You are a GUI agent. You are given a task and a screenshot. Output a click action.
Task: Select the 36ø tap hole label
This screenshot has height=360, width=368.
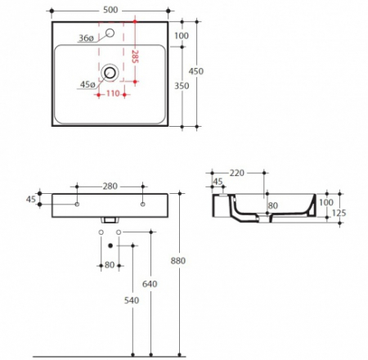tap(88, 37)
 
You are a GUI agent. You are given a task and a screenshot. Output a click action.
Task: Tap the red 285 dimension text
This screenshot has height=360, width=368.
tap(134, 57)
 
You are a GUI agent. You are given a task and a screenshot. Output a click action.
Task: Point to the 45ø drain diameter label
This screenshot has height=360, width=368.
tap(88, 84)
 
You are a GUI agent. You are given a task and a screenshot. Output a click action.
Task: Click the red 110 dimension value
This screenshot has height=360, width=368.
tap(112, 95)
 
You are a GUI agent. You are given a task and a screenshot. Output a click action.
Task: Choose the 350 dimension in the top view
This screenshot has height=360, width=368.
tap(181, 85)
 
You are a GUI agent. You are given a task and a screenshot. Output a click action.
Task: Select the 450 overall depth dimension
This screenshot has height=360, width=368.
tap(196, 71)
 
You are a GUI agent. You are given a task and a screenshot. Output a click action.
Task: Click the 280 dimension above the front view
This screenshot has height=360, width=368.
tap(110, 185)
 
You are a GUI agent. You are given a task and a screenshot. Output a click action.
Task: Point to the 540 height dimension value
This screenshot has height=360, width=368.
tap(132, 302)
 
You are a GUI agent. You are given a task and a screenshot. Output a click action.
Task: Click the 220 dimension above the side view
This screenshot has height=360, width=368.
tap(238, 173)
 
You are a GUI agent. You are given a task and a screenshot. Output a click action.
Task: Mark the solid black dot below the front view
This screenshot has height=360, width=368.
tap(110, 245)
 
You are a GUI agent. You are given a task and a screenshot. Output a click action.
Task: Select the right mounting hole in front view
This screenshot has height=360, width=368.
tap(142, 203)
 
